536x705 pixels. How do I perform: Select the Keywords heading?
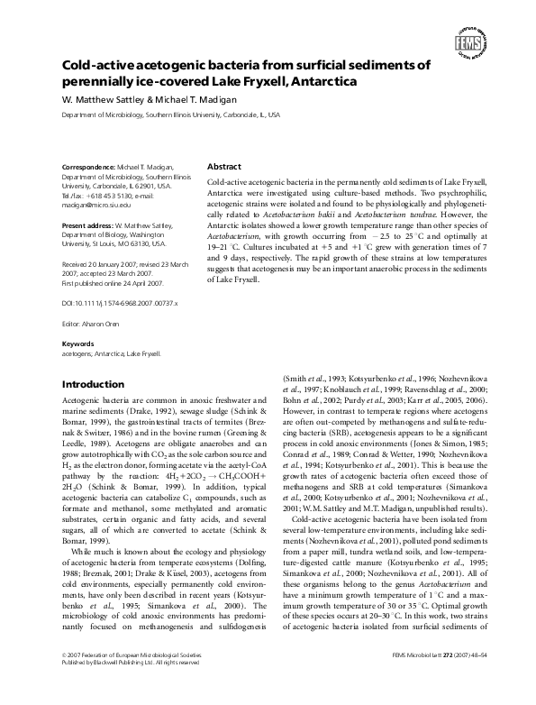[x=78, y=344]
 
